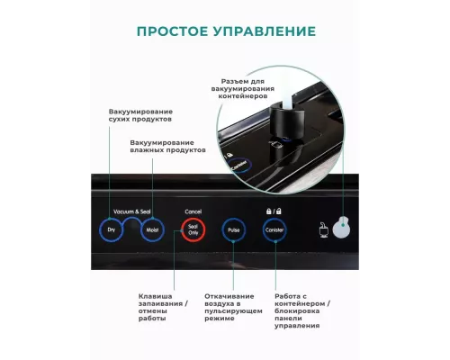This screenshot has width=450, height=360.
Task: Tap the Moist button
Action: point(151,231)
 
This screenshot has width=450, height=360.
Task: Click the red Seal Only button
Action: point(193,231)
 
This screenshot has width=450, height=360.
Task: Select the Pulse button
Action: point(235,231)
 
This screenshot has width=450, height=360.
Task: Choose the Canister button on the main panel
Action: point(274,231)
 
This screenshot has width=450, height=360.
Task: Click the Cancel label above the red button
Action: point(193,210)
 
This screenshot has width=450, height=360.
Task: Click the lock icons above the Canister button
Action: point(274,209)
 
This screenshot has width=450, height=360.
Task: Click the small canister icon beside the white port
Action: point(321,231)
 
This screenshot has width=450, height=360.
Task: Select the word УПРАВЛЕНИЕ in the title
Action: point(268,31)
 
